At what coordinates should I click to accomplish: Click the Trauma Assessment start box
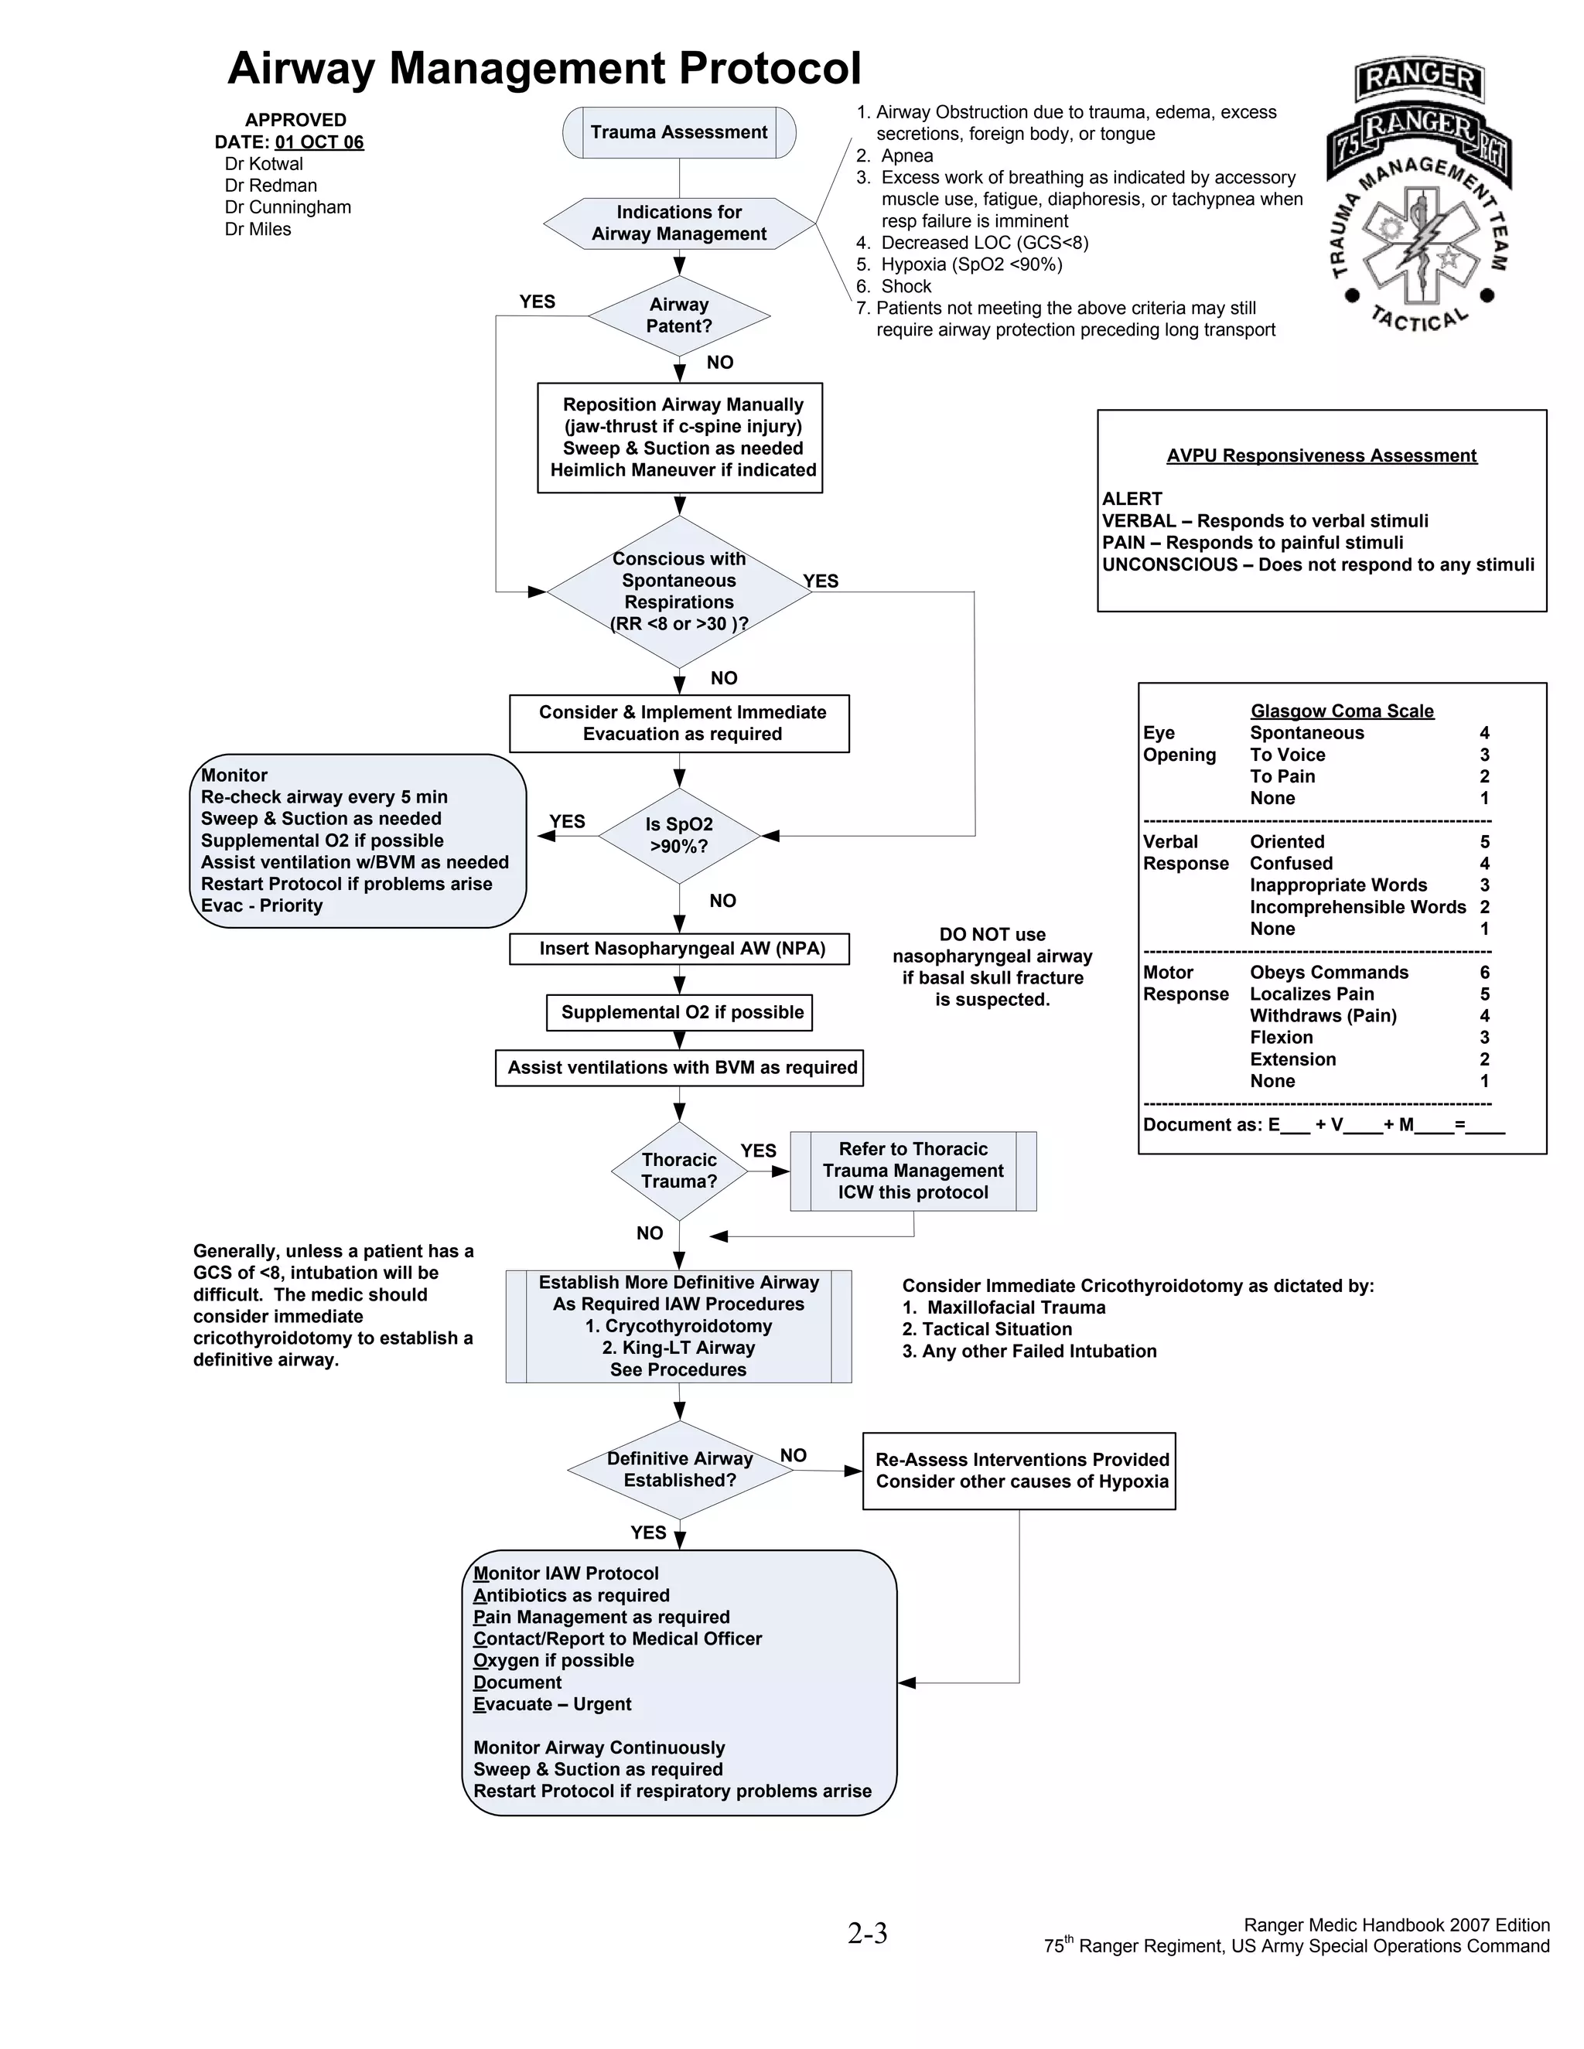click(678, 132)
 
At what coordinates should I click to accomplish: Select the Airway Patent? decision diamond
click(678, 315)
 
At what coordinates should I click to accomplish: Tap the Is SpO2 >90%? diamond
click(678, 835)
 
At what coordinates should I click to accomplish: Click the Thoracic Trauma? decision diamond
click(678, 1170)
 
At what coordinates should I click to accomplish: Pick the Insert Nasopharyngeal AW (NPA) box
click(679, 949)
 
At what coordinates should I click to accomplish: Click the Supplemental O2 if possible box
click(679, 1012)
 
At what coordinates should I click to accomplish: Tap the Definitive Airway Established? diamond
click(679, 1469)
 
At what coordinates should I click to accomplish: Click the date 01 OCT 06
click(319, 141)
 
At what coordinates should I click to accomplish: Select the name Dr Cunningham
click(287, 207)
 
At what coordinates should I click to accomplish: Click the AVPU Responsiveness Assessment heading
click(1320, 456)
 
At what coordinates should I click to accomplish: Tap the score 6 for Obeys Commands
click(1484, 972)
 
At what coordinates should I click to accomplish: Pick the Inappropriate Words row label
click(1337, 885)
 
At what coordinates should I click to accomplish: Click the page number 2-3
click(867, 1933)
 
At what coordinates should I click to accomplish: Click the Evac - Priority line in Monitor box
click(262, 905)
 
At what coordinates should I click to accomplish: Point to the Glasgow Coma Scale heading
click(1341, 711)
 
